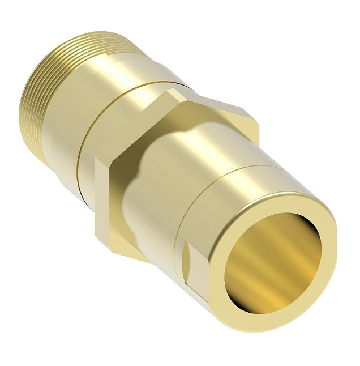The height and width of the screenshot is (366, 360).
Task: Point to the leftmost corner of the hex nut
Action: [x=94, y=161]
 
